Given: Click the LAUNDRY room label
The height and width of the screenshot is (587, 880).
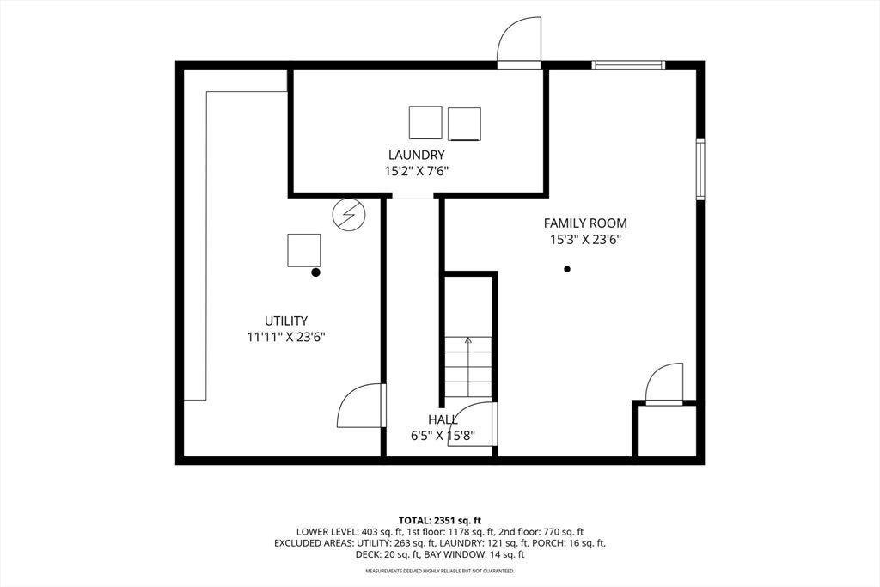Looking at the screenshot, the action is pyautogui.click(x=417, y=155).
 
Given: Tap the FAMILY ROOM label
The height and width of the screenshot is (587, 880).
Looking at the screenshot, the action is pyautogui.click(x=585, y=223).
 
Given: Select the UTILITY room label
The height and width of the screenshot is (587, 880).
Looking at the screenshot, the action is pyautogui.click(x=286, y=321).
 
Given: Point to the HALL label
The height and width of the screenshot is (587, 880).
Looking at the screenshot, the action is pyautogui.click(x=443, y=419).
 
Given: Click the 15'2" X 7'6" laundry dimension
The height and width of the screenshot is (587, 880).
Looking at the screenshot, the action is pyautogui.click(x=417, y=171).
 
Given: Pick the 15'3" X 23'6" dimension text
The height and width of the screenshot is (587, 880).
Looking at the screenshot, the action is pyautogui.click(x=585, y=240).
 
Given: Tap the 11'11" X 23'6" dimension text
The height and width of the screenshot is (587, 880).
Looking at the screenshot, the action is pyautogui.click(x=286, y=337).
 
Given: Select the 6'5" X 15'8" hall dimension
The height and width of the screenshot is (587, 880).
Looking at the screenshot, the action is pyautogui.click(x=443, y=436).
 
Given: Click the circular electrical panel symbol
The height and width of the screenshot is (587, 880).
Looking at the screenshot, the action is pyautogui.click(x=349, y=214).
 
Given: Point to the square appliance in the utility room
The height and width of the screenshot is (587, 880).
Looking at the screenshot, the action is pyautogui.click(x=304, y=250).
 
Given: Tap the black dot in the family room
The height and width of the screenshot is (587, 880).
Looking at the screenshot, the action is pyautogui.click(x=567, y=269).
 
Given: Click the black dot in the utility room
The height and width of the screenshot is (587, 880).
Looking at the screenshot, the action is pyautogui.click(x=315, y=272).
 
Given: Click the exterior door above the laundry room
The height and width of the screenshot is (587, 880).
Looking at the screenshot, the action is pyautogui.click(x=520, y=42).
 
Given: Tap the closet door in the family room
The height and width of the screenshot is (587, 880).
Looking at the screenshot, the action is pyautogui.click(x=664, y=384).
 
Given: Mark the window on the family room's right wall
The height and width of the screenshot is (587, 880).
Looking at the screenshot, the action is pyautogui.click(x=700, y=169).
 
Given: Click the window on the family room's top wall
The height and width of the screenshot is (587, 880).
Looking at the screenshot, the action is pyautogui.click(x=628, y=65).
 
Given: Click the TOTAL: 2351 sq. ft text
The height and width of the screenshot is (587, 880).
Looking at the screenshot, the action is pyautogui.click(x=440, y=520).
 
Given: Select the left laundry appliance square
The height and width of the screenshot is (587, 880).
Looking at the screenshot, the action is pyautogui.click(x=425, y=122).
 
